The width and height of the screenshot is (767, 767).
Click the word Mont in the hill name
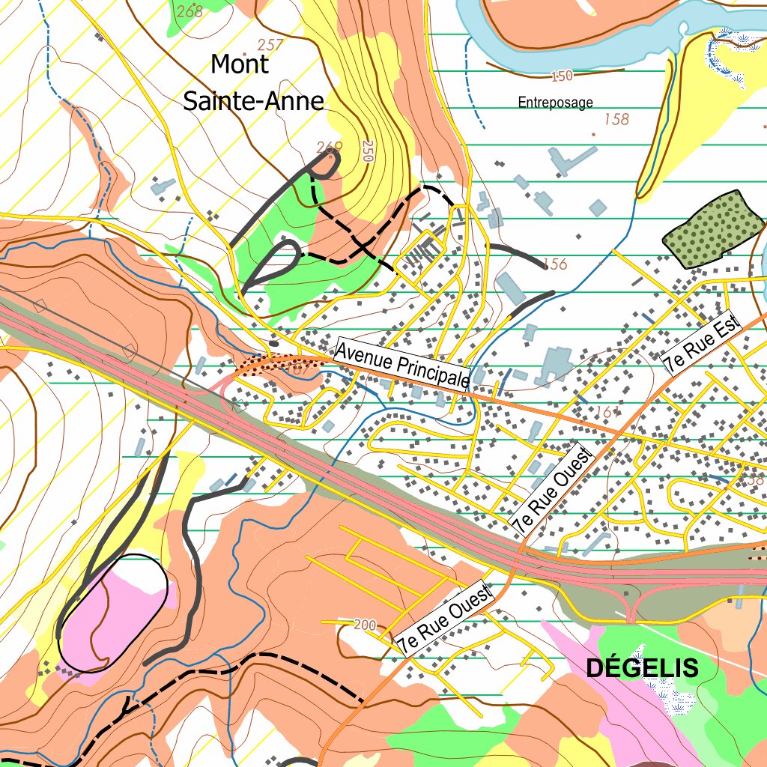click(239, 64)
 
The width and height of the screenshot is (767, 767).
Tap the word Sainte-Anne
click(253, 100)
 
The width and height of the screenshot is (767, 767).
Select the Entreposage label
click(555, 103)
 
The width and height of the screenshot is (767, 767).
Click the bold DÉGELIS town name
click(642, 668)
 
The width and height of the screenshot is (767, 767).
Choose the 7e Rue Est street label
click(702, 344)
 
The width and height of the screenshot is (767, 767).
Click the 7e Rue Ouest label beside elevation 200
click(446, 619)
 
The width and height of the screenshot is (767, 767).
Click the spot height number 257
click(270, 45)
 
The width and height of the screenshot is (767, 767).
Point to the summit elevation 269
click(330, 146)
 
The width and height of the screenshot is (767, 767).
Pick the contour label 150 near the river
click(561, 76)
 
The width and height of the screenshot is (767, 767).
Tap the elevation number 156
click(555, 264)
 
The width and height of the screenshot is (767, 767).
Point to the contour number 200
click(365, 625)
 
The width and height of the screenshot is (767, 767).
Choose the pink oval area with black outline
click(112, 613)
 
